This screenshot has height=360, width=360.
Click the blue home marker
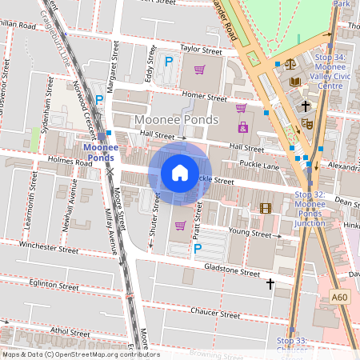pyautogui.click(x=180, y=172)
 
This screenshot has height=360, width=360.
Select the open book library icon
pyautogui.click(x=295, y=82)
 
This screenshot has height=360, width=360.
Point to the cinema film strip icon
pyautogui.click(x=266, y=208)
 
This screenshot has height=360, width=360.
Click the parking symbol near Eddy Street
pyautogui.click(x=169, y=62)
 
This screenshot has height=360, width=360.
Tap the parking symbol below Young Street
pyautogui.click(x=197, y=249)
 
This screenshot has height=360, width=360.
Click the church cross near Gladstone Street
pyautogui.click(x=270, y=283)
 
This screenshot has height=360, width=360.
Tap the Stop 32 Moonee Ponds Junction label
pyautogui.click(x=310, y=209)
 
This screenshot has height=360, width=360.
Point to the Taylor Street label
pyautogui.click(x=200, y=49)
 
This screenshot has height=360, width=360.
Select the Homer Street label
pyautogui.click(x=206, y=96)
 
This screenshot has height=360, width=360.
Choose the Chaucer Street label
pyautogui.click(x=216, y=315)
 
